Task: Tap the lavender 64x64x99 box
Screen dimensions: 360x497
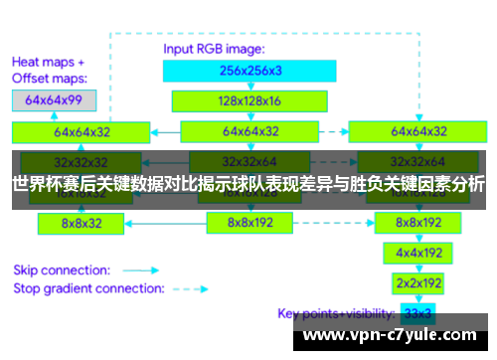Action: pos(54,99)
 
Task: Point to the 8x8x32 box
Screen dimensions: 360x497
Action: pos(82,223)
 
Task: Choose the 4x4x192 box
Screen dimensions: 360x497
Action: pos(417,253)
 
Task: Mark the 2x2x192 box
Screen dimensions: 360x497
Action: pos(417,283)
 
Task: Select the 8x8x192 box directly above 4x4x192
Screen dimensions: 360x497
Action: pos(417,223)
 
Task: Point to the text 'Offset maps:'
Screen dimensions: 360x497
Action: pos(50,78)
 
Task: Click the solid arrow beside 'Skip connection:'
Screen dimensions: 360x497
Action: pos(141,270)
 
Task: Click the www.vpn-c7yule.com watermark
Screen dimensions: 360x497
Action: pos(394,336)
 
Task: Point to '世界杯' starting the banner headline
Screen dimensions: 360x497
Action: pos(35,184)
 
